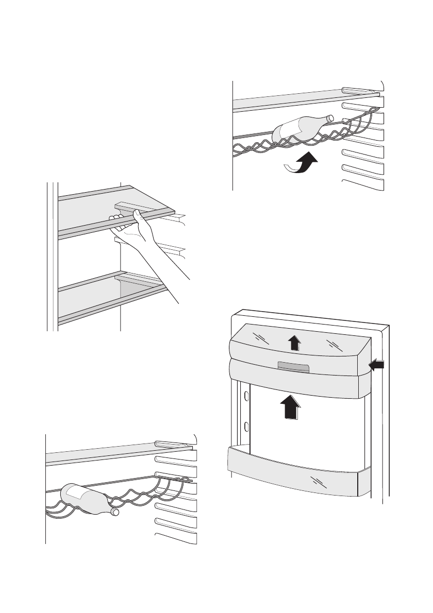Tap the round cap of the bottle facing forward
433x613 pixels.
pos(114,513)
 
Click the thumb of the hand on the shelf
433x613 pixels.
pos(137,217)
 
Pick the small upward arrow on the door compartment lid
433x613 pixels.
pos(293,342)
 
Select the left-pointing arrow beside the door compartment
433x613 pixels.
pos(377,365)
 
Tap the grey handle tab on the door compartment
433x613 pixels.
pos(293,366)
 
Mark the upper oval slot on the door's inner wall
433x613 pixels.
pos(247,396)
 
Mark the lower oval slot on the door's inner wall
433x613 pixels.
pos(247,427)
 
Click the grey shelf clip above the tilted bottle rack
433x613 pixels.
pos(361,91)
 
